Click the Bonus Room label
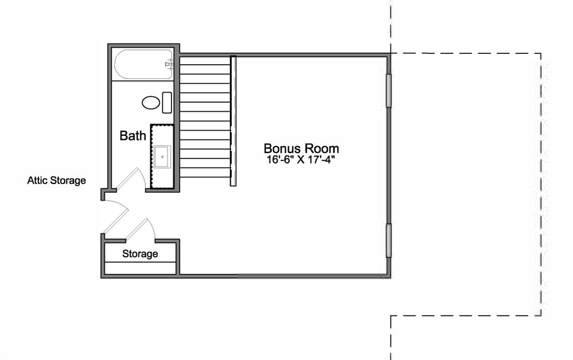(301, 148)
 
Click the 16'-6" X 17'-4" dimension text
(301, 160)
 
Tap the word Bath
(132, 136)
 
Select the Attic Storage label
(57, 181)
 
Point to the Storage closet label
(140, 254)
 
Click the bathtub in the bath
(143, 64)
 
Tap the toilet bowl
(150, 103)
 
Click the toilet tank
(167, 103)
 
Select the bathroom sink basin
(162, 156)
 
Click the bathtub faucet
(169, 65)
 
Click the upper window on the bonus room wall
(389, 91)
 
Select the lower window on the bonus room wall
(389, 241)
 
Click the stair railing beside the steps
(233, 121)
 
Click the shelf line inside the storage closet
(141, 262)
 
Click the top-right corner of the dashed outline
(541, 54)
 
